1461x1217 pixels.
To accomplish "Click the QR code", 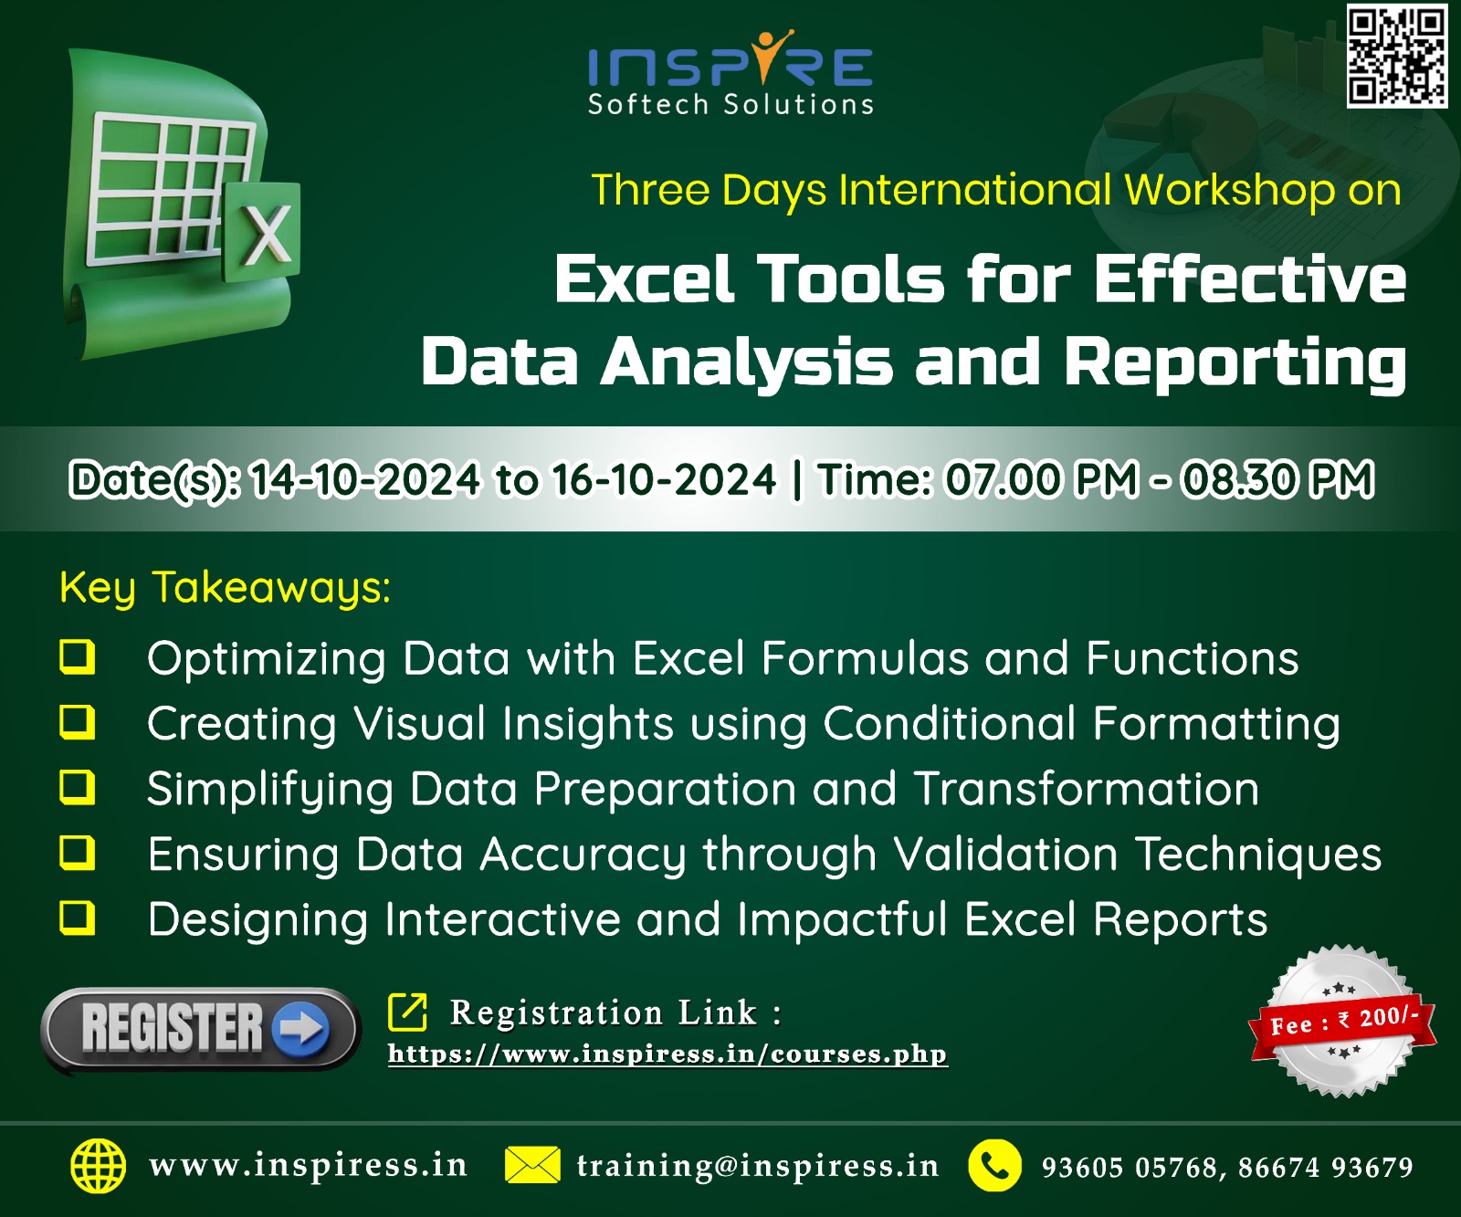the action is (x=1397, y=55).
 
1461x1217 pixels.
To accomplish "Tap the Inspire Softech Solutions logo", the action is (x=730, y=74).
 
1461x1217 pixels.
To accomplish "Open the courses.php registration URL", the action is (x=667, y=1054).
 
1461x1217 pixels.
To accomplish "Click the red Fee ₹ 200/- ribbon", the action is (x=1342, y=1022).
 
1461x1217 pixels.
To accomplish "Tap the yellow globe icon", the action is (x=99, y=1166).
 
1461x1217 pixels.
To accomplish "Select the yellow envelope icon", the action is (x=532, y=1165).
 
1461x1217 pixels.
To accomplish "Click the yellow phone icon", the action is (x=995, y=1166).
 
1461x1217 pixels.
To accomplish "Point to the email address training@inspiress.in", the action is (x=757, y=1166).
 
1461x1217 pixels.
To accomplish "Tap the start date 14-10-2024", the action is (x=365, y=479).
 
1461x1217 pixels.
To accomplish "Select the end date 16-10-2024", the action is (x=665, y=479).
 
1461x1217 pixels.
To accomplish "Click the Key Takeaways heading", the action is (x=226, y=587).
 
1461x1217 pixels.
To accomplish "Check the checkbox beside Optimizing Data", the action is (x=78, y=656).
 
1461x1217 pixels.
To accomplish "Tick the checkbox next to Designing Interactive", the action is (x=78, y=918).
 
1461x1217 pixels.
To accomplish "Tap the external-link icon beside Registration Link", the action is (x=407, y=1012).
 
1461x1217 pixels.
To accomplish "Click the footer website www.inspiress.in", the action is (x=308, y=1166).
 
